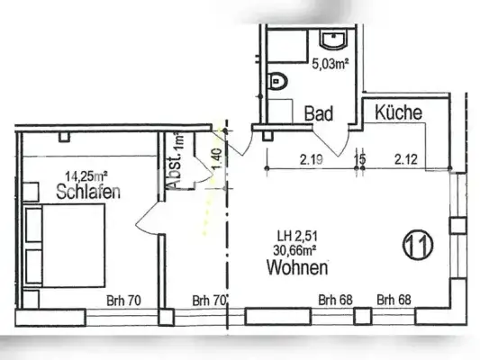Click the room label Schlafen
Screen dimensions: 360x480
pyautogui.click(x=88, y=192)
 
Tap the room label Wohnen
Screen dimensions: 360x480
pyautogui.click(x=296, y=268)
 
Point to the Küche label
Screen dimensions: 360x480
pyautogui.click(x=398, y=113)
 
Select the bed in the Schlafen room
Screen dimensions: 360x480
pyautogui.click(x=68, y=244)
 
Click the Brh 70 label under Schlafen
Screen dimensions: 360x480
pyautogui.click(x=123, y=301)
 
